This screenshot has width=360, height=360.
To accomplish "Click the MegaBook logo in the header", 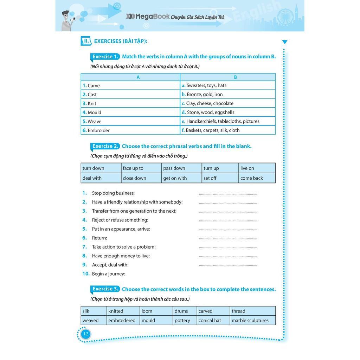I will coord(148,17).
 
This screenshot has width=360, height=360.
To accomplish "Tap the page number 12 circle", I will coord(85,334).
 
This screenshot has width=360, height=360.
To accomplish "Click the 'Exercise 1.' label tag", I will coord(105,57).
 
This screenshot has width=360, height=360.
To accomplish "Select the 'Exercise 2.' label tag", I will coord(105,146).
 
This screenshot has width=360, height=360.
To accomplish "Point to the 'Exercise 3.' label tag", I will coord(105,289).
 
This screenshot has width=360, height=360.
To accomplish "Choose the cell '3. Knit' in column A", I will coord(130,103).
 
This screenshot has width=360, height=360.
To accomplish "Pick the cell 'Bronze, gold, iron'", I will coord(227,94).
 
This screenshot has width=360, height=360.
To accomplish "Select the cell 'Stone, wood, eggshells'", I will coord(227,112).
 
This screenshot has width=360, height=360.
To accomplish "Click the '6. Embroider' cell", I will coord(130,130).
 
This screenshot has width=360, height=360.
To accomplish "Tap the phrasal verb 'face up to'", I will coord(141,168).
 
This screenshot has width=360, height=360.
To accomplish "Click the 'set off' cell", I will coord(220,178).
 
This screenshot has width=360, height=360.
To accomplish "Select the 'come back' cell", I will coord(257,178).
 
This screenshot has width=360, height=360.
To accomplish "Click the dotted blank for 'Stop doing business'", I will coord(228,193).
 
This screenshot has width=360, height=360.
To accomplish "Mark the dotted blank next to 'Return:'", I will coord(228,238).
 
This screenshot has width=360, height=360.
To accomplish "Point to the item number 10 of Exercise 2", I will coord(86,274).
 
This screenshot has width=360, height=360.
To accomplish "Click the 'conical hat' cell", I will coord(213,320).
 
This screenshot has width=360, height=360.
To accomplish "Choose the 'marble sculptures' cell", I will coord(252,320).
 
